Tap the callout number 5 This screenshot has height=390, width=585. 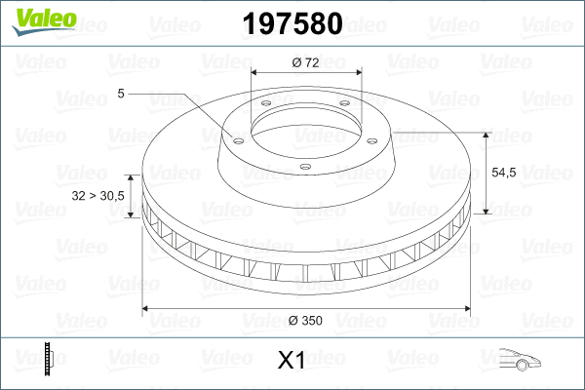point(120,94)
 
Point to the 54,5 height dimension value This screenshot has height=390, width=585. point(503,172)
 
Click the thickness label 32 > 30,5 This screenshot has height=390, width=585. point(98,196)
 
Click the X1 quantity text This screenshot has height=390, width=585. point(292,361)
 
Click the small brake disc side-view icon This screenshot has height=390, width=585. point(48,359)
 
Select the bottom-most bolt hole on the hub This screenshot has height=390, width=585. point(305,167)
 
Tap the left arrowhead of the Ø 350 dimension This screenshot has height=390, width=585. point(148,308)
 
